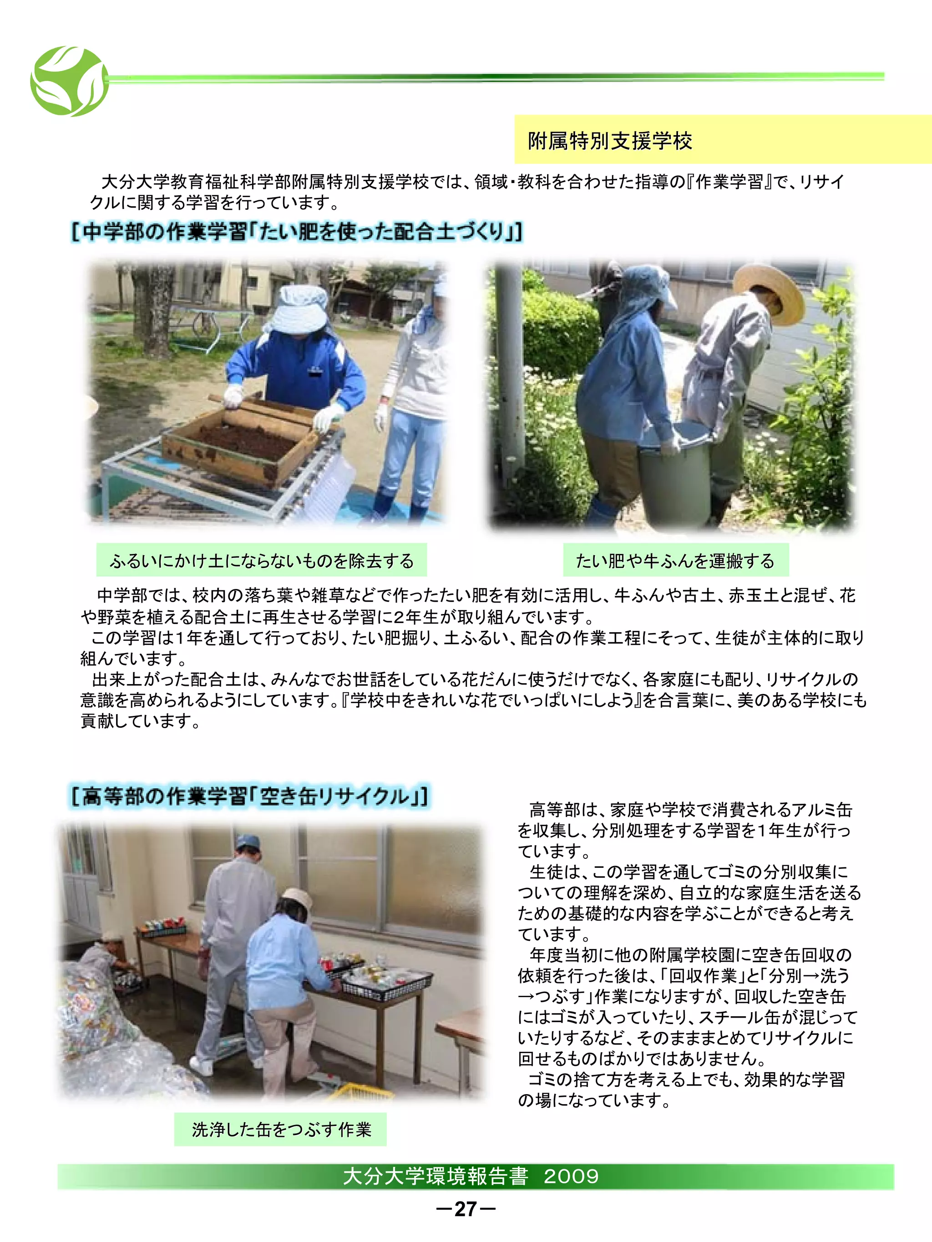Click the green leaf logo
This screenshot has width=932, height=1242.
point(70,81)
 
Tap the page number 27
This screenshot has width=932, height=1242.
point(466,1209)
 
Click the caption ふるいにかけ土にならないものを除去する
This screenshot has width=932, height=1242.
point(262,560)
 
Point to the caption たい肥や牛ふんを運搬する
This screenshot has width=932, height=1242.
point(675,560)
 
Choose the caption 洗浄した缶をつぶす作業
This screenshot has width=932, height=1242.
point(281,1129)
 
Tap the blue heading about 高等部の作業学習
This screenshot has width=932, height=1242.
point(250,796)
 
